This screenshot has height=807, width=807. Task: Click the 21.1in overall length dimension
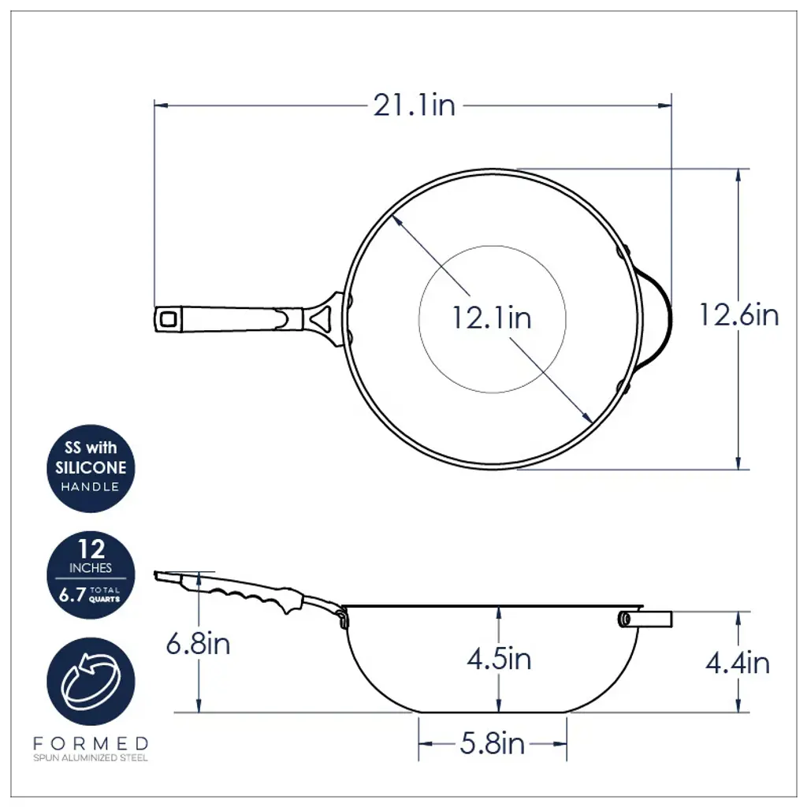coord(415,106)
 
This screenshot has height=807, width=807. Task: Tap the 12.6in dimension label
coord(738,315)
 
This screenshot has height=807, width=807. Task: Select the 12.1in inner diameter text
coord(492,318)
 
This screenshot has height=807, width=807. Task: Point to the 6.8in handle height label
coord(198,643)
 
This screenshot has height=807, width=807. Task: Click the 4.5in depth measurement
coord(499,659)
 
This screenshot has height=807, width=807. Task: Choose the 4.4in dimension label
coord(738,663)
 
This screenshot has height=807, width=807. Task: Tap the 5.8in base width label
coord(492,744)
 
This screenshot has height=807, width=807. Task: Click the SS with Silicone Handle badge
coord(91,468)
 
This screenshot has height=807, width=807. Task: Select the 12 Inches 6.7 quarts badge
coord(91,575)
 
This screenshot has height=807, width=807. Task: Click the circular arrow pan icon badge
coord(91,682)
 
